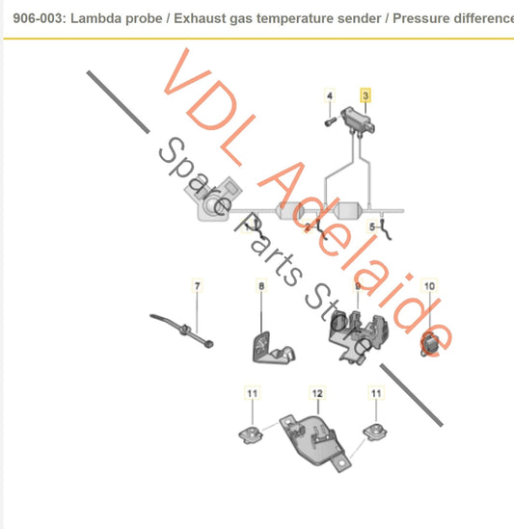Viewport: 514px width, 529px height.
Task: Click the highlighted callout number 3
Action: coord(365,96)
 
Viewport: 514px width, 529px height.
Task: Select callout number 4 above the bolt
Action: coord(329,96)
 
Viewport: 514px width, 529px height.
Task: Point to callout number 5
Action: coord(372,225)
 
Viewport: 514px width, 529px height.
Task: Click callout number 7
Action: coord(197,286)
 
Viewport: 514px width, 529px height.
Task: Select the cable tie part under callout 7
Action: coord(188,331)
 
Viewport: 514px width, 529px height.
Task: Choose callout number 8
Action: coord(260,286)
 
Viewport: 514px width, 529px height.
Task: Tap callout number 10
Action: coord(429,286)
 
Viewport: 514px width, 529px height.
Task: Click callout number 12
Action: coord(315,393)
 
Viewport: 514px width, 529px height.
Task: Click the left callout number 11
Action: coord(252,393)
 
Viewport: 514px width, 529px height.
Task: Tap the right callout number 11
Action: coord(376,393)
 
